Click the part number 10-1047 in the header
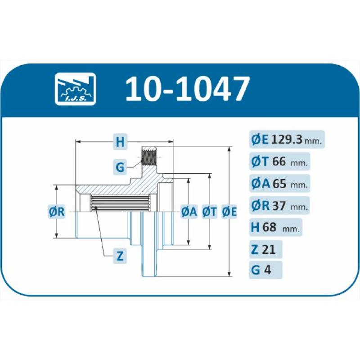pyautogui.click(x=187, y=89)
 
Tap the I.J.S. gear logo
pyautogui.click(x=75, y=89)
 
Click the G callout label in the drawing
pyautogui.click(x=120, y=167)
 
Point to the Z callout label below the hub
pyautogui.click(x=120, y=256)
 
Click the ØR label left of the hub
pyautogui.click(x=57, y=211)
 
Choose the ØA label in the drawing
pyautogui.click(x=189, y=211)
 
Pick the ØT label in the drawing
pyautogui.click(x=209, y=211)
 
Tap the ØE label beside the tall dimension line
pyautogui.click(x=229, y=211)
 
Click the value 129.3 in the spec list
pyautogui.click(x=287, y=139)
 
